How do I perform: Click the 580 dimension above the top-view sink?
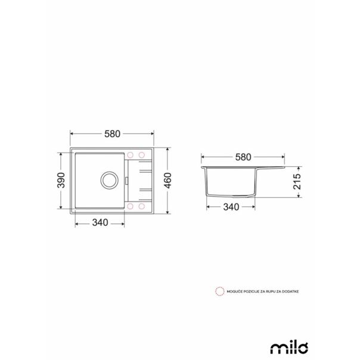pyautogui.click(x=111, y=135)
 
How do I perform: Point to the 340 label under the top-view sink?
pyautogui.click(x=100, y=223)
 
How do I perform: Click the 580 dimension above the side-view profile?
pyautogui.click(x=242, y=157)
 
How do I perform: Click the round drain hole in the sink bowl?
pyautogui.click(x=110, y=179)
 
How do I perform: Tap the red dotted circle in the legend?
pyautogui.click(x=219, y=291)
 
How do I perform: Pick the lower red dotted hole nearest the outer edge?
pyautogui.click(x=142, y=206)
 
